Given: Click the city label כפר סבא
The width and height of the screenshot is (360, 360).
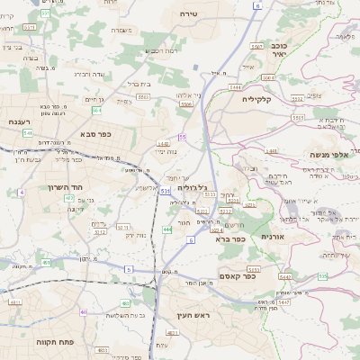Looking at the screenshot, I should pos(93,134).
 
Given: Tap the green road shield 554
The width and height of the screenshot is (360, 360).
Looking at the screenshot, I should pos(96,110).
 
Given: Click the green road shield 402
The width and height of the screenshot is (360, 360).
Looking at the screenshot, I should pos(69,196).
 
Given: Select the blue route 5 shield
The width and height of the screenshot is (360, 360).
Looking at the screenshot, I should pos(129,269).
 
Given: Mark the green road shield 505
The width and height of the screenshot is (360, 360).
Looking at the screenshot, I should pos(322,276).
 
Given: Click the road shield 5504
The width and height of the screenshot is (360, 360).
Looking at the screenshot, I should pos(186,104).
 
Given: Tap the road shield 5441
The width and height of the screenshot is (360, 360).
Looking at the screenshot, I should pos(235,86).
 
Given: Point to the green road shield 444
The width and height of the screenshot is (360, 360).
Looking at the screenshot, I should pos(166,229).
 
